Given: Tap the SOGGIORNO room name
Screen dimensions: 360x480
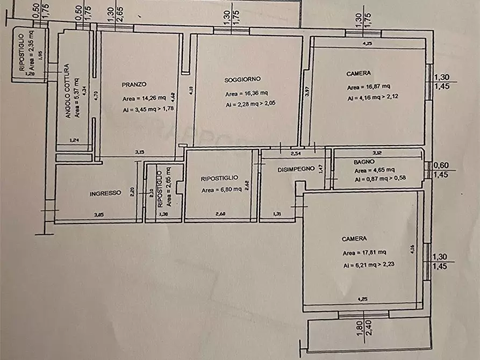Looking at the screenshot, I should pos(242,80).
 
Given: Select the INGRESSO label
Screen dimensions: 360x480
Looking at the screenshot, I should pos(105,193).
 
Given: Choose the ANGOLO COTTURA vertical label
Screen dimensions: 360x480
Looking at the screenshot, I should pos(68,91).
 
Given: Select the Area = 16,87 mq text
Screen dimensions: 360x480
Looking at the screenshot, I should pos(369,87).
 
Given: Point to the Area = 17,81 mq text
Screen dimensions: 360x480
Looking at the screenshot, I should pos(364,253).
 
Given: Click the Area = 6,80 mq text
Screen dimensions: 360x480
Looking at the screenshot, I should pos(220,190).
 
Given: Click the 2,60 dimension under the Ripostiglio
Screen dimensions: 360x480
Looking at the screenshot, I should pos(221,215).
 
